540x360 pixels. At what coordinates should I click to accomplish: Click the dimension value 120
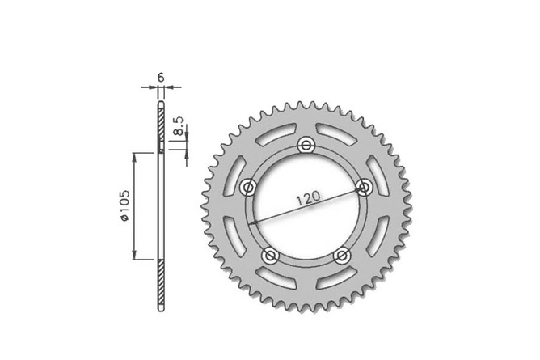310,198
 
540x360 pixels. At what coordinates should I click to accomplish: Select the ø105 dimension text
124,206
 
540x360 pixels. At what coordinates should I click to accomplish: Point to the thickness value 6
161,77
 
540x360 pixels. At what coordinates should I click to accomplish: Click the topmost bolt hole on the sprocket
306,146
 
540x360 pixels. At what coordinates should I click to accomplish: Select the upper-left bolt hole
249,188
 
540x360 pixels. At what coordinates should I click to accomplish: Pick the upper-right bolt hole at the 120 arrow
364,188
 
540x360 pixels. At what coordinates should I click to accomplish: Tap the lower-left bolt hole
271,256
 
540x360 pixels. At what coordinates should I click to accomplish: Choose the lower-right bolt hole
341,256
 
